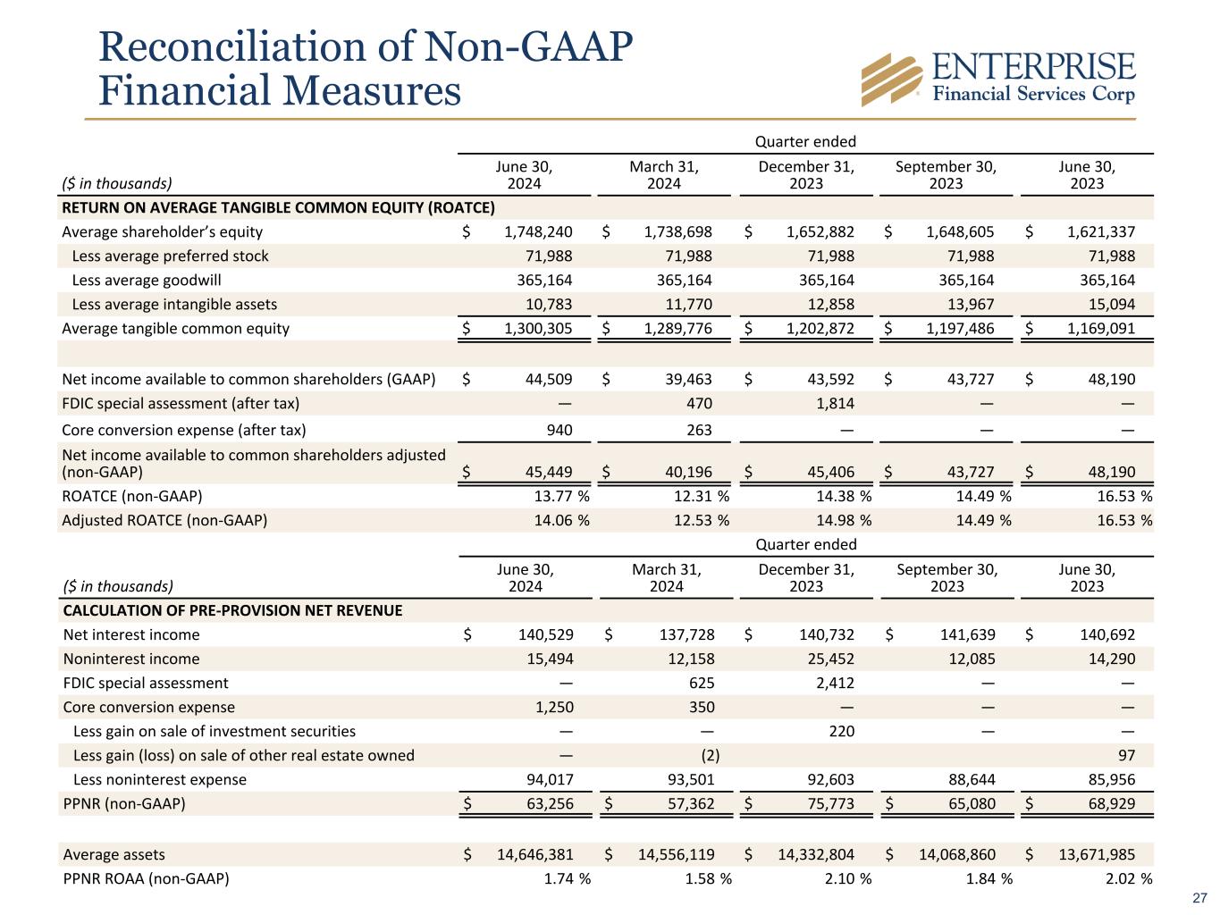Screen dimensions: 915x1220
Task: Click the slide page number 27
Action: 1200,898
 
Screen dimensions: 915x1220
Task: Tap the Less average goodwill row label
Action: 146,281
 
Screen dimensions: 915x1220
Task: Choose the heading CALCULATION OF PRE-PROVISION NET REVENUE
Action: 232,611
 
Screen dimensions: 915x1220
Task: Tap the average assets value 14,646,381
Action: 534,855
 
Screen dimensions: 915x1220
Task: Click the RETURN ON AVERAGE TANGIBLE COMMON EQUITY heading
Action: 277,208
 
